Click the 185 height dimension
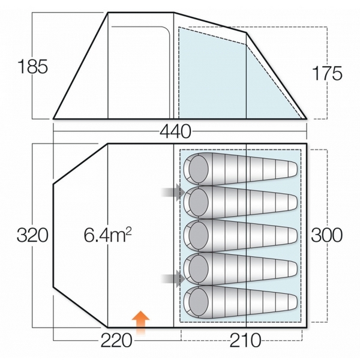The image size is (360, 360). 33,67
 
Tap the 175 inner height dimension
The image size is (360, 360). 327,73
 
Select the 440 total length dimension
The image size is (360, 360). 175,131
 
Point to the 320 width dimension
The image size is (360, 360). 32,235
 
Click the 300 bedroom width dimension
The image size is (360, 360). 327,235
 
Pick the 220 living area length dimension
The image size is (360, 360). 116,340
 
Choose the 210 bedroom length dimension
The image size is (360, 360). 245,340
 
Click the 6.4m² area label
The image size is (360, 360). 107,236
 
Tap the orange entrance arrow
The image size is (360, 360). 140,323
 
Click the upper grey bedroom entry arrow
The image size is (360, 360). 173,192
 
